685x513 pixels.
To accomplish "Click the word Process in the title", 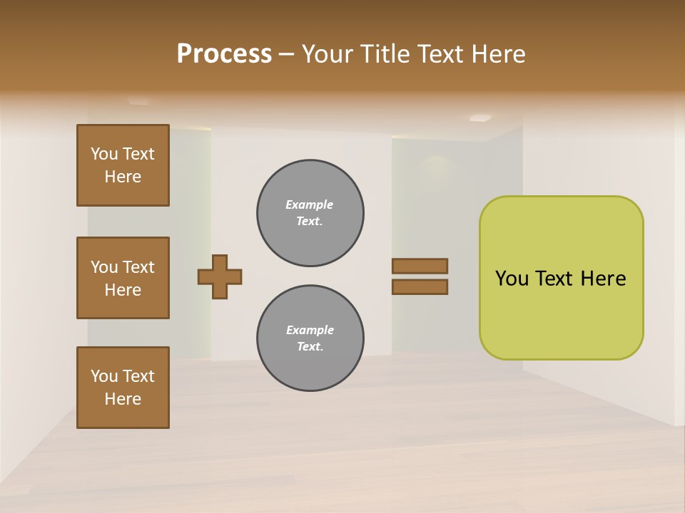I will pos(224,54).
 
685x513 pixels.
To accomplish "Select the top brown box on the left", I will pos(123,165).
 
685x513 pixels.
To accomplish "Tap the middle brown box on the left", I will pos(123,278).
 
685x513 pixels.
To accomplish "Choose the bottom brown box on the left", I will pos(123,388).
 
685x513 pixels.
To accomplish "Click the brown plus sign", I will pos(220,276).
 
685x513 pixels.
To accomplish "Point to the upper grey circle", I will pos(310,213).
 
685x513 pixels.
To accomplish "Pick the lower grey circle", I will pos(310,338).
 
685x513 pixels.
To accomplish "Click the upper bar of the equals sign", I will pos(420,266).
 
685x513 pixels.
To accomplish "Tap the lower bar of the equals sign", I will pos(420,287).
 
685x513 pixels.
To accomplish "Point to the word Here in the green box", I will pos(603,279).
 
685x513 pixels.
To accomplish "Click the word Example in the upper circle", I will pos(309,204).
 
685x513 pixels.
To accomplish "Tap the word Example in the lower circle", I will pos(309,330).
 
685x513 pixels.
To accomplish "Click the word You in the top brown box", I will pos(103,154).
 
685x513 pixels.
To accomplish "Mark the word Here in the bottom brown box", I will pos(123,399).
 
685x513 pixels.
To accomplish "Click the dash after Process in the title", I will pos(287,54).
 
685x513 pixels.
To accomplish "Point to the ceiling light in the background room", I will pos(480,118).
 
